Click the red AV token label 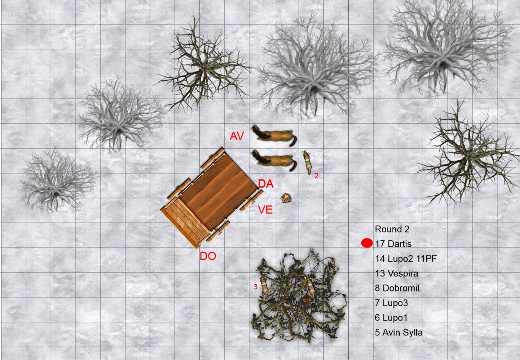[x=237, y=136]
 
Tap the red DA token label [x=266, y=184]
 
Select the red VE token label [x=266, y=210]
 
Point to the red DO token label [x=208, y=256]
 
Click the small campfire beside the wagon [x=286, y=198]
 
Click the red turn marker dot [x=367, y=243]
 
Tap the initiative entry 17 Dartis [x=390, y=244]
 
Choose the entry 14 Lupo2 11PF [x=406, y=259]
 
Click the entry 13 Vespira [x=397, y=273]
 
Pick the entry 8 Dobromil [x=397, y=288]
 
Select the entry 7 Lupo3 [x=391, y=303]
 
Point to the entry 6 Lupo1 [x=391, y=318]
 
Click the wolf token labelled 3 [x=264, y=287]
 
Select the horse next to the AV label [x=274, y=135]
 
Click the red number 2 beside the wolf [x=317, y=176]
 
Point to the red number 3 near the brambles [x=256, y=287]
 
